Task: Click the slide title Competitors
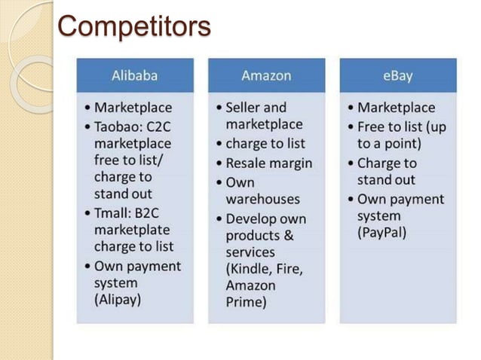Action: pyautogui.click(x=134, y=26)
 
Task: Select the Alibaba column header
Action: pyautogui.click(x=134, y=76)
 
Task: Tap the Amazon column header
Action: pyautogui.click(x=266, y=76)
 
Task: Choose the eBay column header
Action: pyautogui.click(x=397, y=76)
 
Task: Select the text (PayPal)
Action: pyautogui.click(x=381, y=233)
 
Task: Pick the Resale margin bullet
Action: pyautogui.click(x=268, y=163)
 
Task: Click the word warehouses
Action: pyautogui.click(x=262, y=199)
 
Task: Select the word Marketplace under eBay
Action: pyautogui.click(x=396, y=108)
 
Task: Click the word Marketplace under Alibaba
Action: pyautogui.click(x=133, y=108)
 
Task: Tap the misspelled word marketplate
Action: pyautogui.click(x=132, y=229)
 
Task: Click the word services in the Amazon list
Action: pyautogui.click(x=250, y=252)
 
